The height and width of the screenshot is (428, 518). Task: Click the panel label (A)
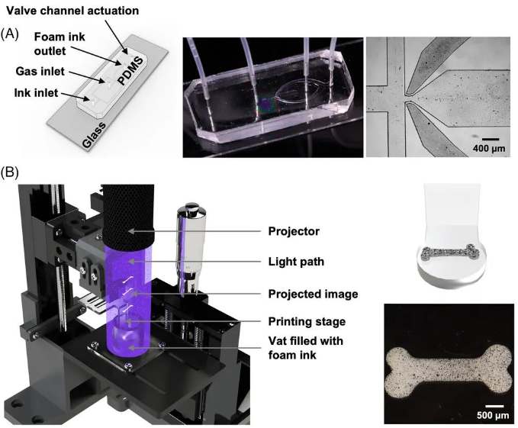[11, 34]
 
